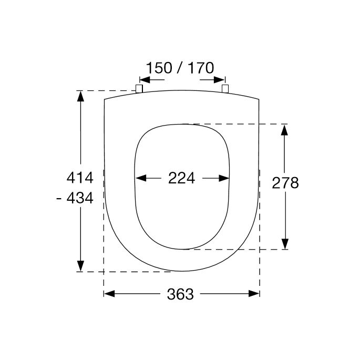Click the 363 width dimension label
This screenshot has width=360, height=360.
coord(180,294)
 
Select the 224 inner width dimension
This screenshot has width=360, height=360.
coord(181,178)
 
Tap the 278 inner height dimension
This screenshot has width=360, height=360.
coord(285,182)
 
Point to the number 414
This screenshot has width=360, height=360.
coord(79,178)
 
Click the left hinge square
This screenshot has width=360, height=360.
coord(139,88)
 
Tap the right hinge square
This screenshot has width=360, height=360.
coord(225,88)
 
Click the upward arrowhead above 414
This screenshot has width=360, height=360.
coord(80,96)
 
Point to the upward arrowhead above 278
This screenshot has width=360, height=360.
coord(285,129)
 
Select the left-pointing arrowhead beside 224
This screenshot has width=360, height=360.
coord(140,178)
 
